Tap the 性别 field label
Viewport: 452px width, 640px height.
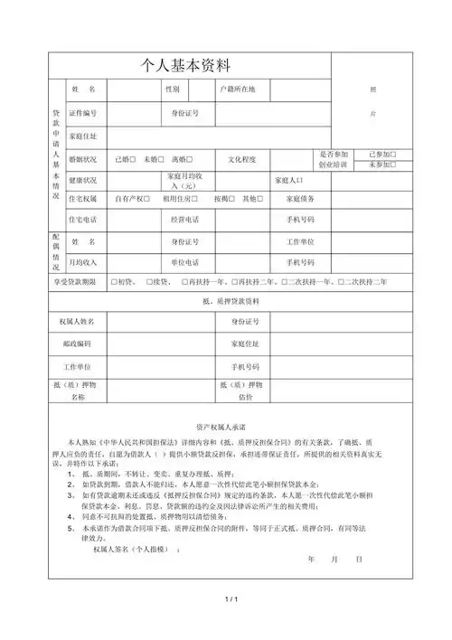172,90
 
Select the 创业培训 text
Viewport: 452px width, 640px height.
334,165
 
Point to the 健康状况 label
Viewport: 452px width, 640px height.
83,179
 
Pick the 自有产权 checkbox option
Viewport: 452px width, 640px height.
133,198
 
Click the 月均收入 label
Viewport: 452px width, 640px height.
83,262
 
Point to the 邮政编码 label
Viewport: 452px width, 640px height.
78,344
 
